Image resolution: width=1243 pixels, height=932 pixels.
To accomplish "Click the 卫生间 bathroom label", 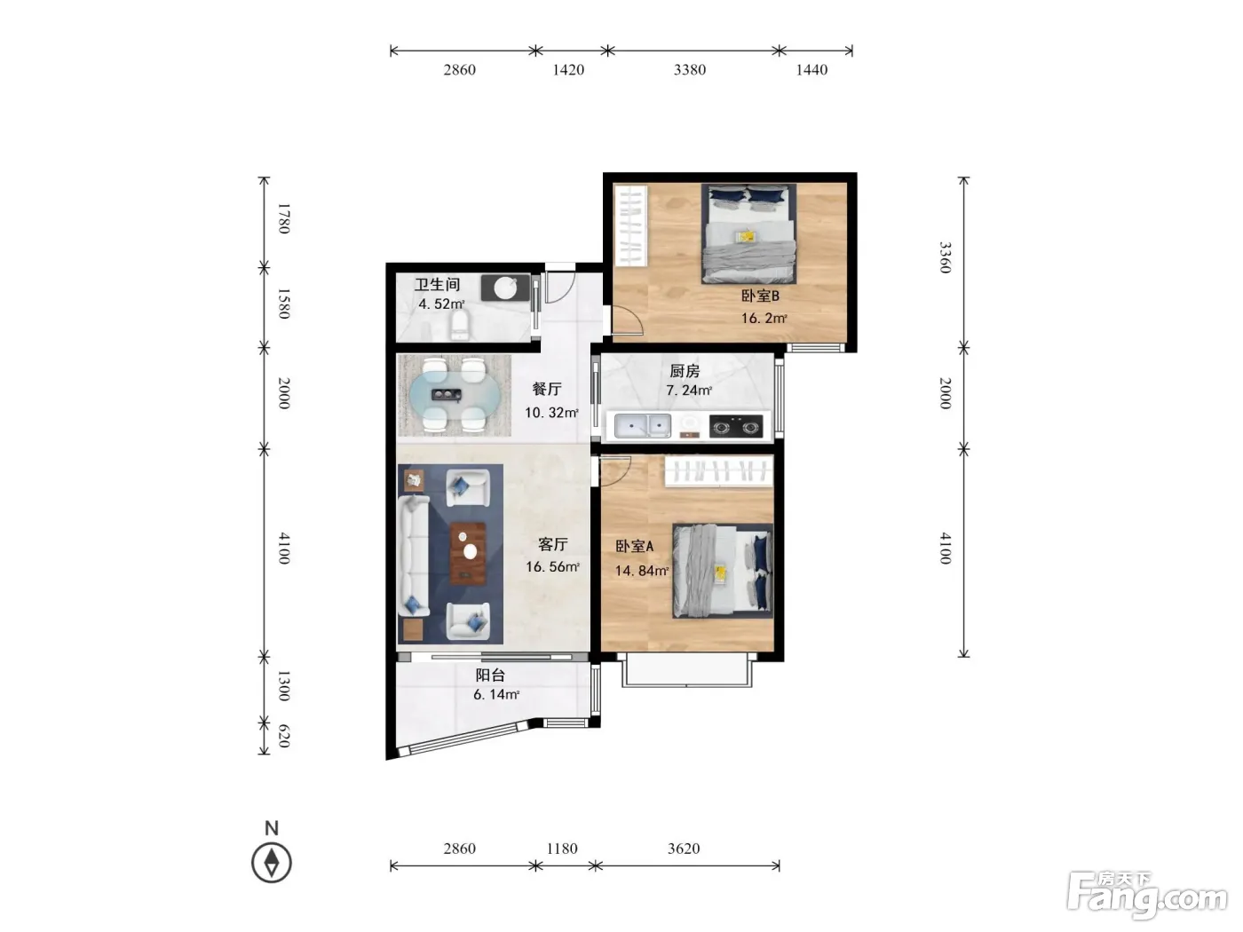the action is [x=437, y=284].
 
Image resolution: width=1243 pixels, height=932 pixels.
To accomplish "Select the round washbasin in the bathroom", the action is [x=505, y=288].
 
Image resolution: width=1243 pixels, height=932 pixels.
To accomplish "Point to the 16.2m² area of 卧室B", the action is [x=764, y=318].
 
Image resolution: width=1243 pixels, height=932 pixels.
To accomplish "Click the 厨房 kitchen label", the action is [x=685, y=371].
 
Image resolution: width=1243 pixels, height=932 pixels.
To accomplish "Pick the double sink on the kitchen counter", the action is [x=643, y=425].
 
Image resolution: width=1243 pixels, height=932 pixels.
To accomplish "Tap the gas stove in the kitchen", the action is [x=736, y=426].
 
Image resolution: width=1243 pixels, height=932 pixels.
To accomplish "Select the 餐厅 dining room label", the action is [x=546, y=390].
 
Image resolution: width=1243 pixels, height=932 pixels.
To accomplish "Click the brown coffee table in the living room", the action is [x=468, y=553].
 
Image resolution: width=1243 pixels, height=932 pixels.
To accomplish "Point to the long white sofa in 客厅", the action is [x=414, y=556].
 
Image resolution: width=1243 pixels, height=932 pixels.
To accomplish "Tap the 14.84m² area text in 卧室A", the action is [x=642, y=571].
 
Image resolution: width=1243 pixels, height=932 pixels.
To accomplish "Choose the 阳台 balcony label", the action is [x=490, y=675].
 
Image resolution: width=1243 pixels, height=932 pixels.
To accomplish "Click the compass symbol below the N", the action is [x=272, y=863].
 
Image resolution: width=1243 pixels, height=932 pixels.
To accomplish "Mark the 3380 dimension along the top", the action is [x=690, y=69].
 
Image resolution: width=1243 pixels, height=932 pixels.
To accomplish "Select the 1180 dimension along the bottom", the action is [x=562, y=849].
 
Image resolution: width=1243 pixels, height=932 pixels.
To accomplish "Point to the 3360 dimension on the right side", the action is [x=946, y=257].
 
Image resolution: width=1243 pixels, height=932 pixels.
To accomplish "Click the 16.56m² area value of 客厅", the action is [x=553, y=566].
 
